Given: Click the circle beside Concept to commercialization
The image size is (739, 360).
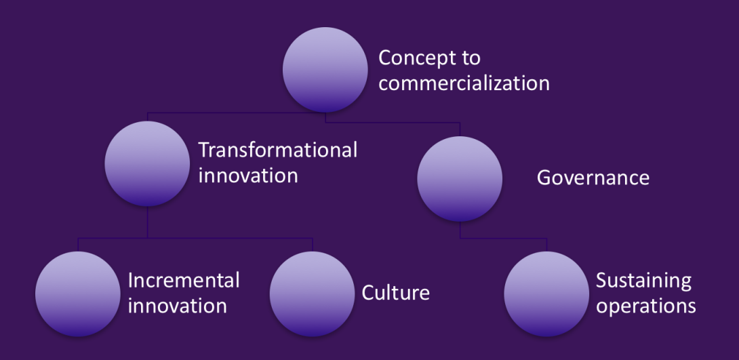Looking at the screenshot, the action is click(x=325, y=70).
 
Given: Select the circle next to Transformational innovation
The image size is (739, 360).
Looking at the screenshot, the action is click(x=147, y=163).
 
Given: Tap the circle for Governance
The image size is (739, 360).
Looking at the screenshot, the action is click(x=460, y=178).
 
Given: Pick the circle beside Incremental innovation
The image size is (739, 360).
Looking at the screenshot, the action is click(x=78, y=294).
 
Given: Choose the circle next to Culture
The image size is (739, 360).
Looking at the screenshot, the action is click(x=312, y=294).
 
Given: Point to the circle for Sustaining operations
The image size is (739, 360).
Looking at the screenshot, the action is click(x=546, y=294).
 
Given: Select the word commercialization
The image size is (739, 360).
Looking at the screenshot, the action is click(x=464, y=83).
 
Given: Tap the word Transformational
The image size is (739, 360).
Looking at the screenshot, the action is click(x=277, y=151).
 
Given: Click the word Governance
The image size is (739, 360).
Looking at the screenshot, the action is click(x=593, y=178).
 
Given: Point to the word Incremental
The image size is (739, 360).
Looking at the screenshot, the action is click(x=184, y=281).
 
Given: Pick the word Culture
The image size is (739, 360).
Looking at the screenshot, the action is click(x=395, y=293).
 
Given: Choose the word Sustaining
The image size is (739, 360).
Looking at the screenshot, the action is click(x=644, y=281).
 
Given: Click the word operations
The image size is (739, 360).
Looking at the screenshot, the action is click(x=646, y=306).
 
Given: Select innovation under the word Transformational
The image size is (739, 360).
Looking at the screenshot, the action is click(x=248, y=176).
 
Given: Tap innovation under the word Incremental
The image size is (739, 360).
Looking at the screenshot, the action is click(x=178, y=306).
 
